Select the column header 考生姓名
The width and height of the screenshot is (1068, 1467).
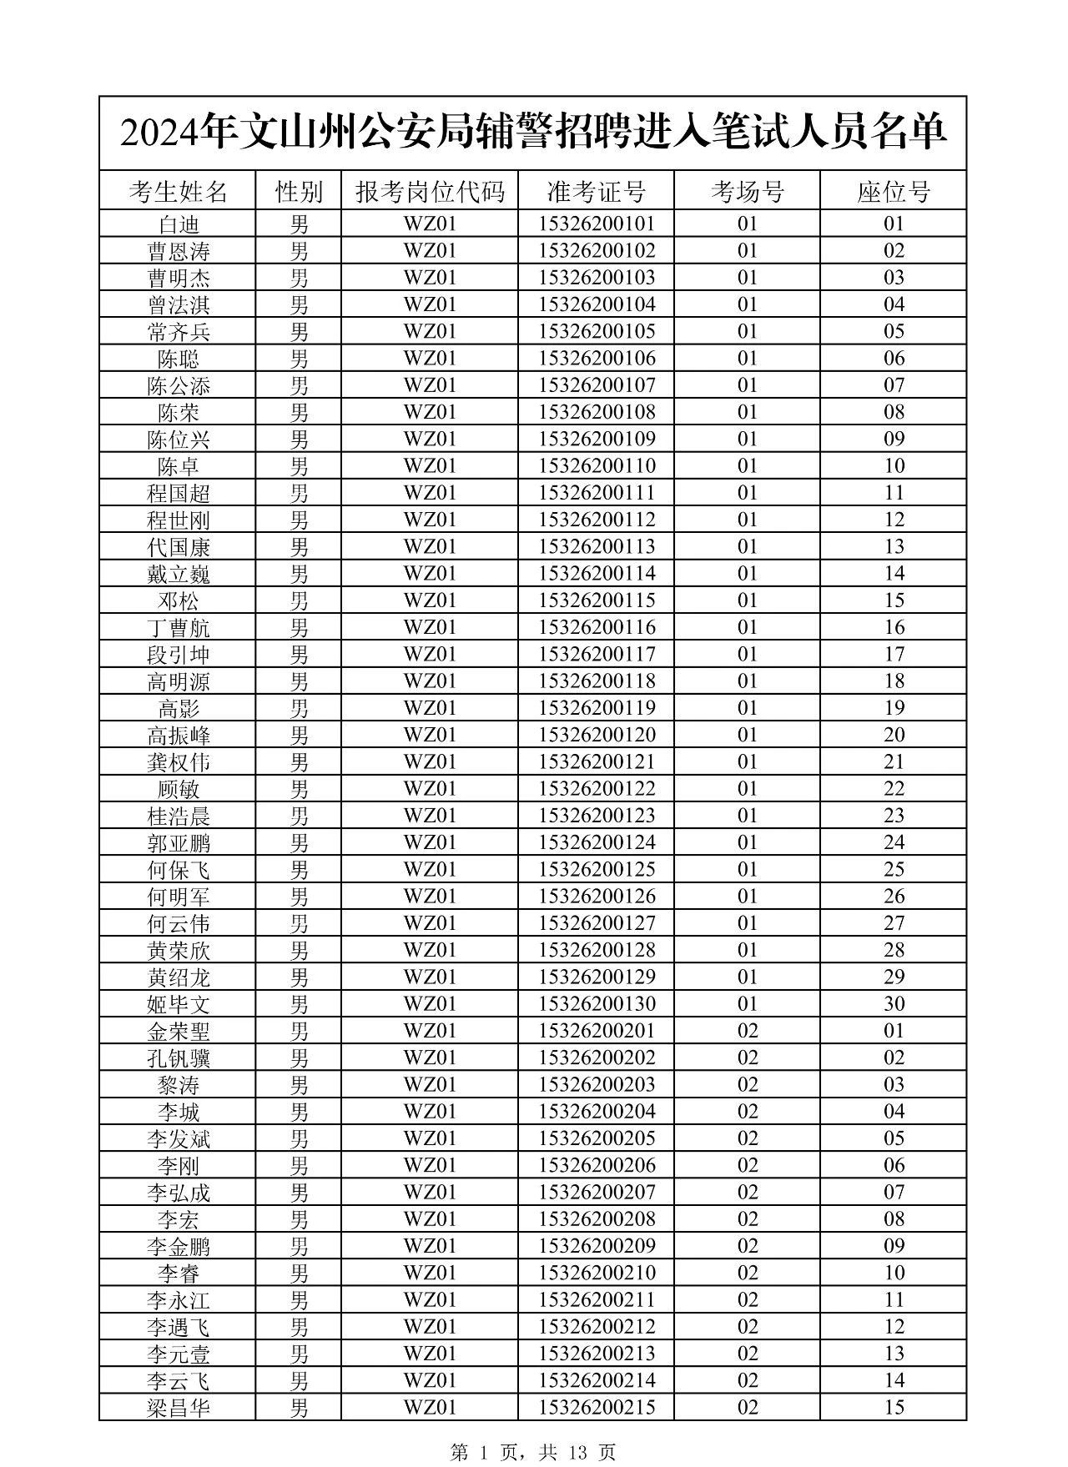click(178, 192)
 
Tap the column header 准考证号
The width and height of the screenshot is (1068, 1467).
click(597, 192)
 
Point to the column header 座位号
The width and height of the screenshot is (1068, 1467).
click(894, 192)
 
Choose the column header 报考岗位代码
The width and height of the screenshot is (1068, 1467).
click(430, 192)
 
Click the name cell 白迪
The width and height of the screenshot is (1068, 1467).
click(178, 224)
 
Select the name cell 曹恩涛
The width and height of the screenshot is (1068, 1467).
click(178, 251)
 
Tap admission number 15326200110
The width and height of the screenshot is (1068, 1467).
click(597, 465)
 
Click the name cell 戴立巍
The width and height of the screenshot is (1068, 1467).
click(178, 574)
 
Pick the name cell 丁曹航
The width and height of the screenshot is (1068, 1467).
click(178, 627)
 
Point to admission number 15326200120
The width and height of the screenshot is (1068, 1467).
click(597, 735)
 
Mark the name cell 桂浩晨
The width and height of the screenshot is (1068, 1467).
click(178, 816)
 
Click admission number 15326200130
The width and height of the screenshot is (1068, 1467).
click(597, 1003)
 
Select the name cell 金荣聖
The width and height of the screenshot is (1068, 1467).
click(178, 1031)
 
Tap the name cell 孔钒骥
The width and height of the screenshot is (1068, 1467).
click(178, 1058)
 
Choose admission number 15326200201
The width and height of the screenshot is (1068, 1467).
click(597, 1031)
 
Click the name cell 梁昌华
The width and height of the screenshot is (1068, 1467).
click(178, 1407)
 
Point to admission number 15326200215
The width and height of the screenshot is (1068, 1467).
click(597, 1407)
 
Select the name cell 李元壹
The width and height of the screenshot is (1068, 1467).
click(178, 1354)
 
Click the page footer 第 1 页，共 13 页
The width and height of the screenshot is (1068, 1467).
click(533, 1452)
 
